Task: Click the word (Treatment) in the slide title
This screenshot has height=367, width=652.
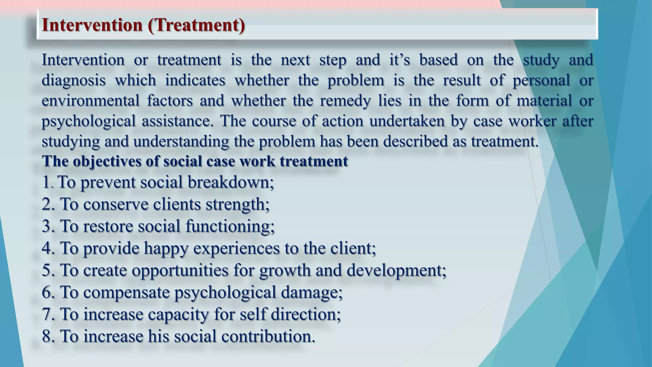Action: tap(196, 25)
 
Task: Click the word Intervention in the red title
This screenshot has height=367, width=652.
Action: tap(92, 25)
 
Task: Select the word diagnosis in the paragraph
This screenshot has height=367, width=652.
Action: tap(74, 80)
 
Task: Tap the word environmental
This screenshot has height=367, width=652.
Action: tap(90, 101)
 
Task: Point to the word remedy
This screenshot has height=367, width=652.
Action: tap(345, 101)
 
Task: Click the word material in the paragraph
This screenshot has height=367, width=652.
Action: tap(544, 101)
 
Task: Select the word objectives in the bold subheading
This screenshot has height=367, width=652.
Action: tap(107, 161)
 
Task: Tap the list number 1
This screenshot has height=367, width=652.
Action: tap(46, 183)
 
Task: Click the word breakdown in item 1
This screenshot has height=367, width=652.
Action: tap(230, 183)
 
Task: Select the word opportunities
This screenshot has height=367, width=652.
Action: tap(180, 270)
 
